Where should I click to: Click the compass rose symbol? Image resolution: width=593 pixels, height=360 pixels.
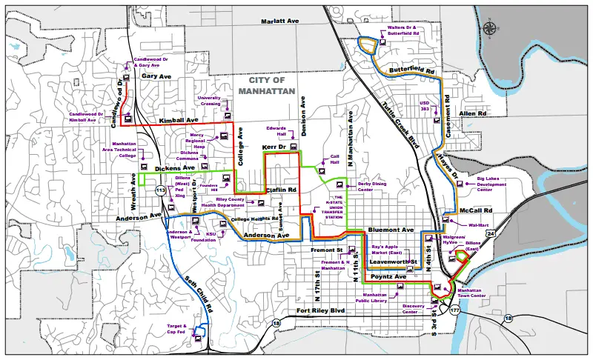coord(489,29)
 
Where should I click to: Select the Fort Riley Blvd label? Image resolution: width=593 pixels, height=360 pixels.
coord(322,310)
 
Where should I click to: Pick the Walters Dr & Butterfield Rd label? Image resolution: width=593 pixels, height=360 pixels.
coord(403,31)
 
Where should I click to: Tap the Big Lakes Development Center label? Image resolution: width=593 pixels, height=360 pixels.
coord(495,184)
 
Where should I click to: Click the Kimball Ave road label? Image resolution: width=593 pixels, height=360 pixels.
coord(179,120)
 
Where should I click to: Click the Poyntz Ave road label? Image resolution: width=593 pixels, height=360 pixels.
coord(388,276)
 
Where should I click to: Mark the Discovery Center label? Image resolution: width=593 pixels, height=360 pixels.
coord(413,308)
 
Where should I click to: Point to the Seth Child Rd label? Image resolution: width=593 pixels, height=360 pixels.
coord(198,291)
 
